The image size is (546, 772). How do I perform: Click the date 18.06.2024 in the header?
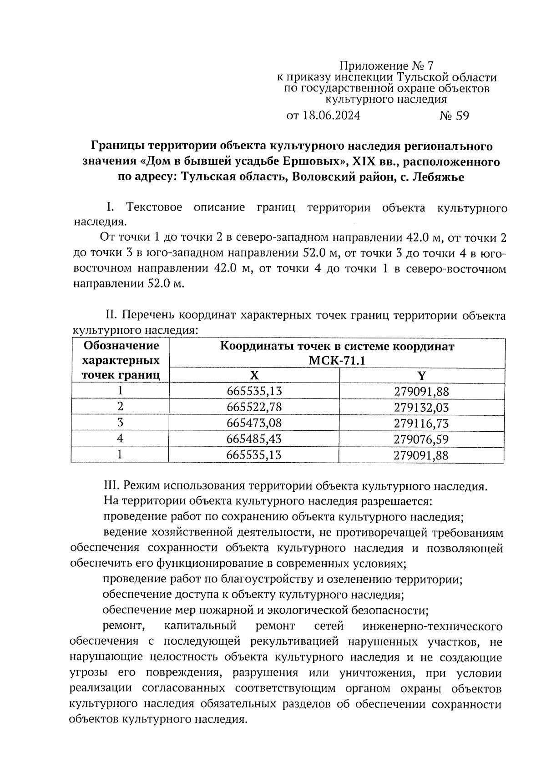tap(331, 116)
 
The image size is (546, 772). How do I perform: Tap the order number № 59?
tap(454, 116)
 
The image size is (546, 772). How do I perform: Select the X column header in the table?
tap(254, 375)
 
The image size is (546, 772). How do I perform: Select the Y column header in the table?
tap(422, 375)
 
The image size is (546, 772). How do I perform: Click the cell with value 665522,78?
tap(254, 407)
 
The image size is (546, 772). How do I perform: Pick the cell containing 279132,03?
tap(422, 407)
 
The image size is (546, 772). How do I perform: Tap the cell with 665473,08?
tap(254, 423)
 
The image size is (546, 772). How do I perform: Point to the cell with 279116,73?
tap(422, 423)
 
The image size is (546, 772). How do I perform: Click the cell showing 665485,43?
tap(254, 439)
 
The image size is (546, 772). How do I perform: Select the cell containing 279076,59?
tap(422, 439)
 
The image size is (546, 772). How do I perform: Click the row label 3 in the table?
tap(120, 423)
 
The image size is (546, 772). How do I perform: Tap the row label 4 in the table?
tap(120, 439)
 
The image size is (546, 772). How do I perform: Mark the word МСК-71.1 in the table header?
tap(337, 361)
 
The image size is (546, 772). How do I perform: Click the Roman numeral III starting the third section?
tap(111, 486)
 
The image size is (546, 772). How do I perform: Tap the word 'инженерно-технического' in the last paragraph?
tap(433, 626)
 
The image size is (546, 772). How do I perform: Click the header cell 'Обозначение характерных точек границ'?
tap(121, 360)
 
